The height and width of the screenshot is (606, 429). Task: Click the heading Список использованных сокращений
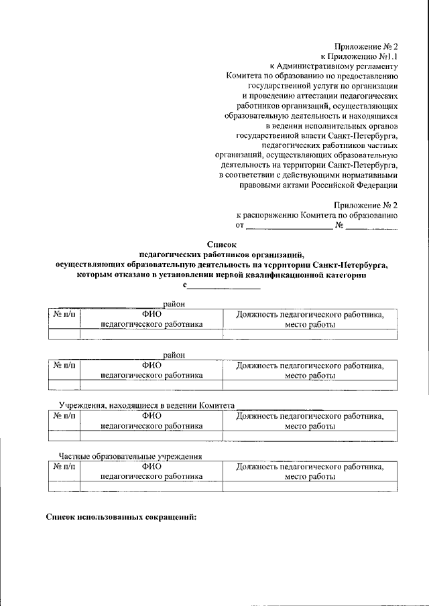pyautogui.click(x=121, y=518)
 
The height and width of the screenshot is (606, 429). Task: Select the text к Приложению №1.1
pyautogui.click(x=360, y=57)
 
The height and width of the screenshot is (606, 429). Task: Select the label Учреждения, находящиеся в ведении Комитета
pyautogui.click(x=145, y=406)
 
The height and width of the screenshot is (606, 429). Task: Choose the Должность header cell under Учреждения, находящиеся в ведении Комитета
pyautogui.click(x=310, y=421)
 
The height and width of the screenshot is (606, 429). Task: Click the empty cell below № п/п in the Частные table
pyautogui.click(x=64, y=486)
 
